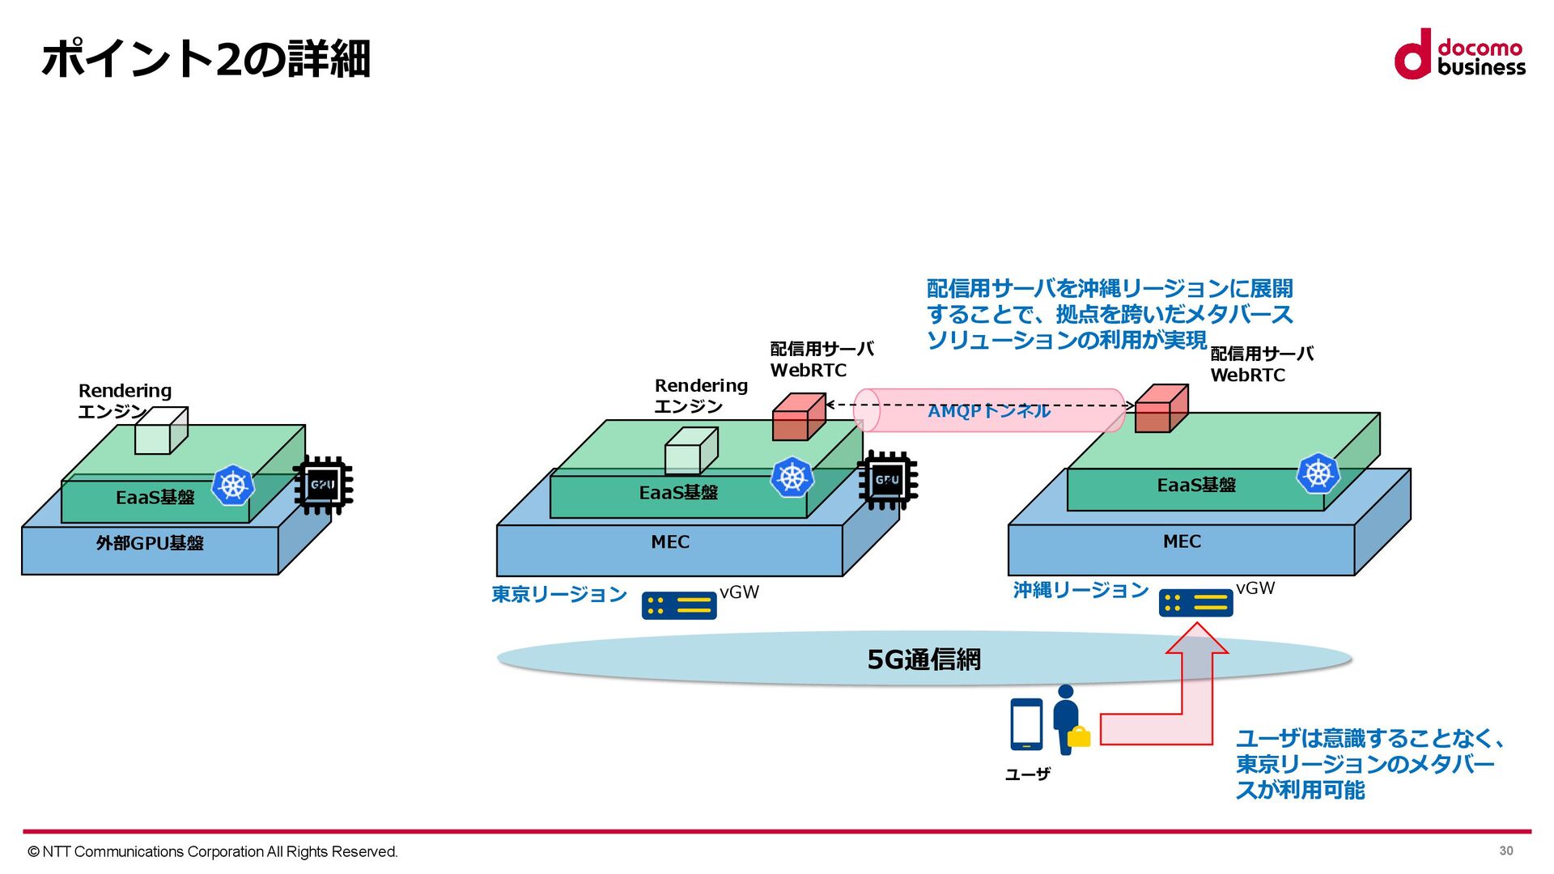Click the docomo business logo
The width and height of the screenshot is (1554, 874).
tap(1458, 55)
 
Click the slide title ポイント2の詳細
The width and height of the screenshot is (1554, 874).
tap(206, 59)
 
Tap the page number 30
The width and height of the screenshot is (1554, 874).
tap(1505, 851)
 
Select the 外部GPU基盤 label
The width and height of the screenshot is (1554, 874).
tap(150, 543)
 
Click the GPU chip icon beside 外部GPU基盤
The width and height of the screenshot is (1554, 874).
tap(323, 486)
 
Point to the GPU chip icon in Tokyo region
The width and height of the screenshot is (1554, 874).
tap(887, 481)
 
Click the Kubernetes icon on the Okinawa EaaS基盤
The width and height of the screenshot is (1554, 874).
tap(1317, 473)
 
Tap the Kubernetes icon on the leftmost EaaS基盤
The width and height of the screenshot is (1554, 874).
tap(233, 485)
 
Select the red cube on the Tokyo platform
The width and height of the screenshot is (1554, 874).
tap(798, 417)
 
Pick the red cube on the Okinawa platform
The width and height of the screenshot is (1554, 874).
tap(1161, 409)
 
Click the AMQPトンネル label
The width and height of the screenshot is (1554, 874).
tap(988, 411)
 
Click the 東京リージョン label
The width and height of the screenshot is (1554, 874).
tap(558, 595)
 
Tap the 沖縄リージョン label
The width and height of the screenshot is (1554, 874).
tap(1081, 591)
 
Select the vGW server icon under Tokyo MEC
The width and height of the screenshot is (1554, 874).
tap(678, 605)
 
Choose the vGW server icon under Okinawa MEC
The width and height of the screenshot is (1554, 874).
tap(1195, 603)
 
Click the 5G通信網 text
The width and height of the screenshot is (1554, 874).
tap(923, 660)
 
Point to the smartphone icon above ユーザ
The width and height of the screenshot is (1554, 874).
tap(1025, 724)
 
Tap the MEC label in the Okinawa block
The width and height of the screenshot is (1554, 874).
tap(1182, 541)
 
